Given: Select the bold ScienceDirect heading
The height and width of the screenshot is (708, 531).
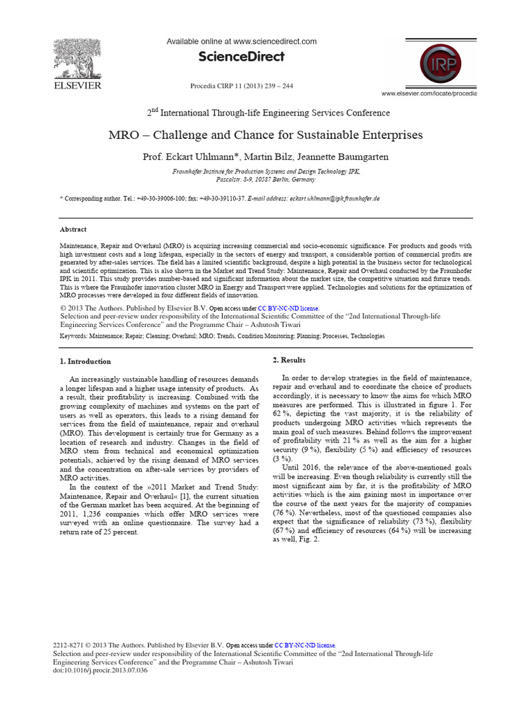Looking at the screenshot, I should pyautogui.click(x=241, y=57).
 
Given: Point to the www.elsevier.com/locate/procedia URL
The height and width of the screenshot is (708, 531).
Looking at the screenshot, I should pyautogui.click(x=429, y=93).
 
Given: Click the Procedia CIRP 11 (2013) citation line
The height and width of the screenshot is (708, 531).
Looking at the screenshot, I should pyautogui.click(x=241, y=86).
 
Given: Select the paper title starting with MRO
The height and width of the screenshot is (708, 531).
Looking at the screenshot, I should pyautogui.click(x=265, y=135).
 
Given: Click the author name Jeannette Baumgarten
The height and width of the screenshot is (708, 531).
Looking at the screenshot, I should pyautogui.click(x=345, y=156).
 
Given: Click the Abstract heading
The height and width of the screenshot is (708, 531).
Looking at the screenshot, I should pyautogui.click(x=73, y=230).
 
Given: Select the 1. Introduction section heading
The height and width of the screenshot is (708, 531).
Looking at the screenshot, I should pyautogui.click(x=84, y=361).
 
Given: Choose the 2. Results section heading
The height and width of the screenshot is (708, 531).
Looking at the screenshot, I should pyautogui.click(x=289, y=360).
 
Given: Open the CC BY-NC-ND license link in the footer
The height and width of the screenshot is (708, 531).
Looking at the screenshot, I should pyautogui.click(x=305, y=645).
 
